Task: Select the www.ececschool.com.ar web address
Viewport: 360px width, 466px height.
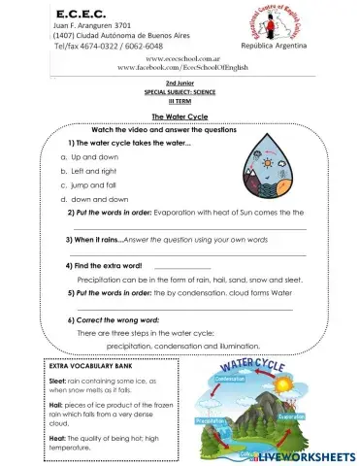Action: click(180, 59)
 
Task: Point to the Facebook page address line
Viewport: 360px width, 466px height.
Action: click(180, 69)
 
